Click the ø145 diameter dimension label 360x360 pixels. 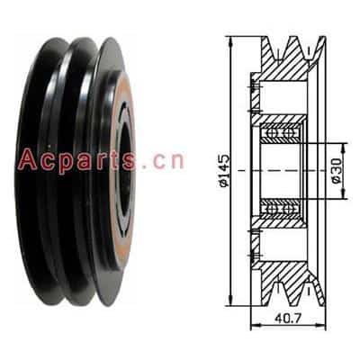[x=224, y=170]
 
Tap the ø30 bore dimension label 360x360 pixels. [x=337, y=171]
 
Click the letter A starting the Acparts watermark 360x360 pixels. [x=28, y=159]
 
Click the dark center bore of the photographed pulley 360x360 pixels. [x=125, y=170]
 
